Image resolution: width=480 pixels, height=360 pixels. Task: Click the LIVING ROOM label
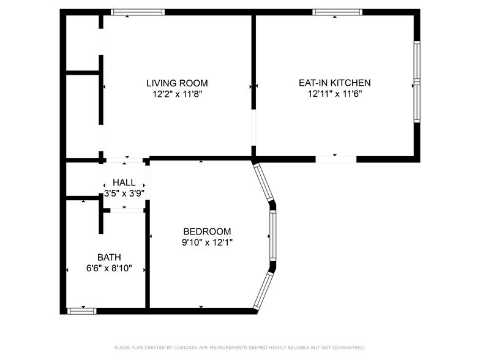click(x=176, y=83)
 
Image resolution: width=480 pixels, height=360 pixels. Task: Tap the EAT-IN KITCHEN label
click(x=334, y=83)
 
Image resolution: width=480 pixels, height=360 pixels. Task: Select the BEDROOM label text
click(x=207, y=231)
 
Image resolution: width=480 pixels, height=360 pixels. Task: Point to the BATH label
click(x=109, y=257)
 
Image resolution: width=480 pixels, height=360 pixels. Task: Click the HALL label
click(x=124, y=182)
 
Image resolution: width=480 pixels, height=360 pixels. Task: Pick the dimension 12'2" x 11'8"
click(x=176, y=94)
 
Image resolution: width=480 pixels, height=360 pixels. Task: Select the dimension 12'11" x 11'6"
click(x=334, y=94)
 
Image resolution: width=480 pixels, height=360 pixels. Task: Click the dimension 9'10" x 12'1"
click(x=207, y=242)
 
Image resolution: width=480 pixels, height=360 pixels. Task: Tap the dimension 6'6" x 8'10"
click(x=109, y=269)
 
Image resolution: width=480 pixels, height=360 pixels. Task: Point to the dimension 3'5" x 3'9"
click(x=124, y=193)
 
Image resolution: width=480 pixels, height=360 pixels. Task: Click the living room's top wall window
click(x=137, y=12)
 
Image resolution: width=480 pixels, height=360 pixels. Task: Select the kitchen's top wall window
click(x=337, y=12)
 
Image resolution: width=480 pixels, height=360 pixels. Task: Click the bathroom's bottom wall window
click(x=82, y=311)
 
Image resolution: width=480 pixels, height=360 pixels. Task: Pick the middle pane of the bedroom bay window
click(x=273, y=236)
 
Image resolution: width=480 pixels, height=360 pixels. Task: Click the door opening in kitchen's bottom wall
click(x=336, y=159)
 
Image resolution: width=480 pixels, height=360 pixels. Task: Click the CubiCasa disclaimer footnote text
click(x=239, y=347)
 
